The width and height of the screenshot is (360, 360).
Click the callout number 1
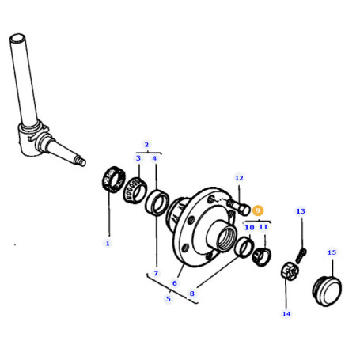point(108,244)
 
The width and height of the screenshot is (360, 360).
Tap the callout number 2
point(146,145)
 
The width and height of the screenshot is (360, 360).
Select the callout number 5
point(169,299)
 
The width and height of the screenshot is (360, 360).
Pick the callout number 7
point(156,274)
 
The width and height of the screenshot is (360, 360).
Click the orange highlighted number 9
point(258,210)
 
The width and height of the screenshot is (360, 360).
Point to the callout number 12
point(239,178)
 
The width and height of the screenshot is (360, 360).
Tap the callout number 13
point(301,211)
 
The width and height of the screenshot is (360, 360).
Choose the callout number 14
point(286,314)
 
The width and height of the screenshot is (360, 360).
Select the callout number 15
point(332,252)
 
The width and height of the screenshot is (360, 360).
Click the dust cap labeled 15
point(327,290)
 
